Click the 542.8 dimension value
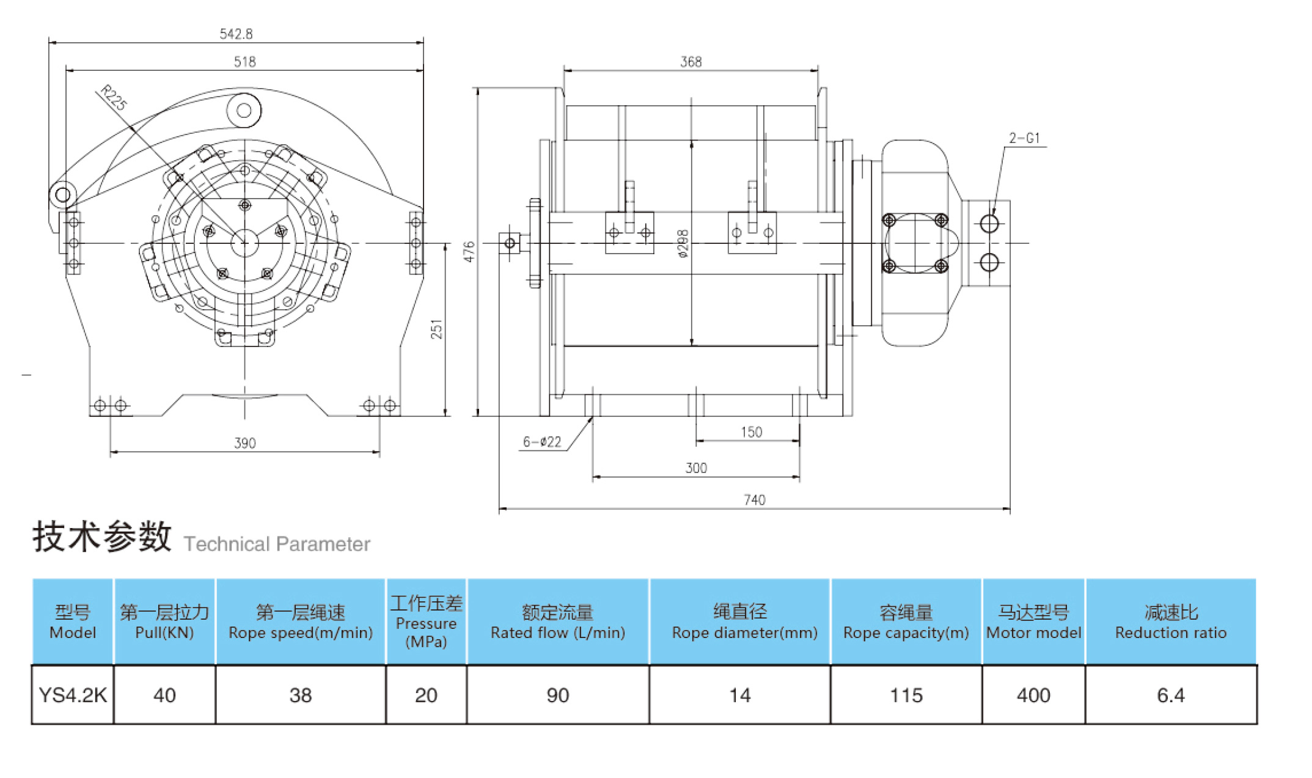coord(236,34)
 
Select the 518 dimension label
coord(244,62)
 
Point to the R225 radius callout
coord(114,98)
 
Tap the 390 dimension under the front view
coord(244,443)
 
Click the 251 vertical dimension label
coord(436,329)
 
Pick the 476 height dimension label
coord(469,252)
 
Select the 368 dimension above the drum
coord(691,62)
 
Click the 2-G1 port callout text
coord(1024,138)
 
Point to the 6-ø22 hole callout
coord(542,442)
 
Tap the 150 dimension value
coord(751,432)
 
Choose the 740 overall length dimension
coord(754,500)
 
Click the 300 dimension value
coord(696,468)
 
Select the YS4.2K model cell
coord(73,695)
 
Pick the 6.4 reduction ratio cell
coord(1170,695)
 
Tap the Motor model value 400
coord(1033,695)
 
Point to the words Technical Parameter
coord(277,544)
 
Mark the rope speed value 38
coord(300,695)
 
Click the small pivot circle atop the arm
coord(244,111)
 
